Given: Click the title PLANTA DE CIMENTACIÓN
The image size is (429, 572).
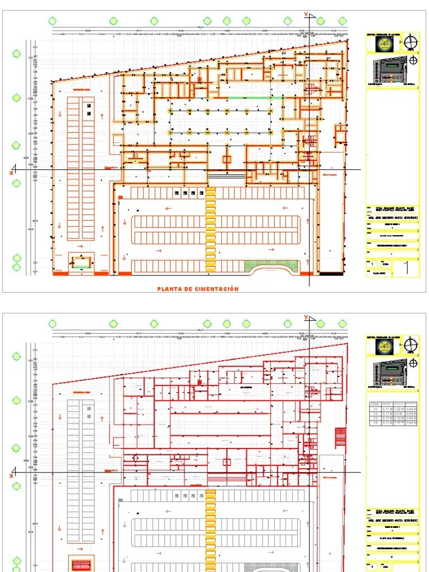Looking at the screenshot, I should (x=198, y=289).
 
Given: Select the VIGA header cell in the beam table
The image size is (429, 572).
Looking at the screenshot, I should (x=375, y=403).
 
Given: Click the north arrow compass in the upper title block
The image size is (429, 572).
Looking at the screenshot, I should (x=412, y=42).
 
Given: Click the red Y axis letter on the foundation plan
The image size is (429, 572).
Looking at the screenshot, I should (x=306, y=14).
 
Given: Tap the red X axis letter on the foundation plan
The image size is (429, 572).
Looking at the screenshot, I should (x=11, y=173).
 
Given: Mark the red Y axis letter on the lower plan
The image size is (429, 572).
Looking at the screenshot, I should (x=306, y=317).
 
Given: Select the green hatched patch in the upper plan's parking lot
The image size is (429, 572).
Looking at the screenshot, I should (x=260, y=265).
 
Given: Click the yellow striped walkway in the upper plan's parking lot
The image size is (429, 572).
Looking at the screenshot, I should (x=211, y=229).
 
